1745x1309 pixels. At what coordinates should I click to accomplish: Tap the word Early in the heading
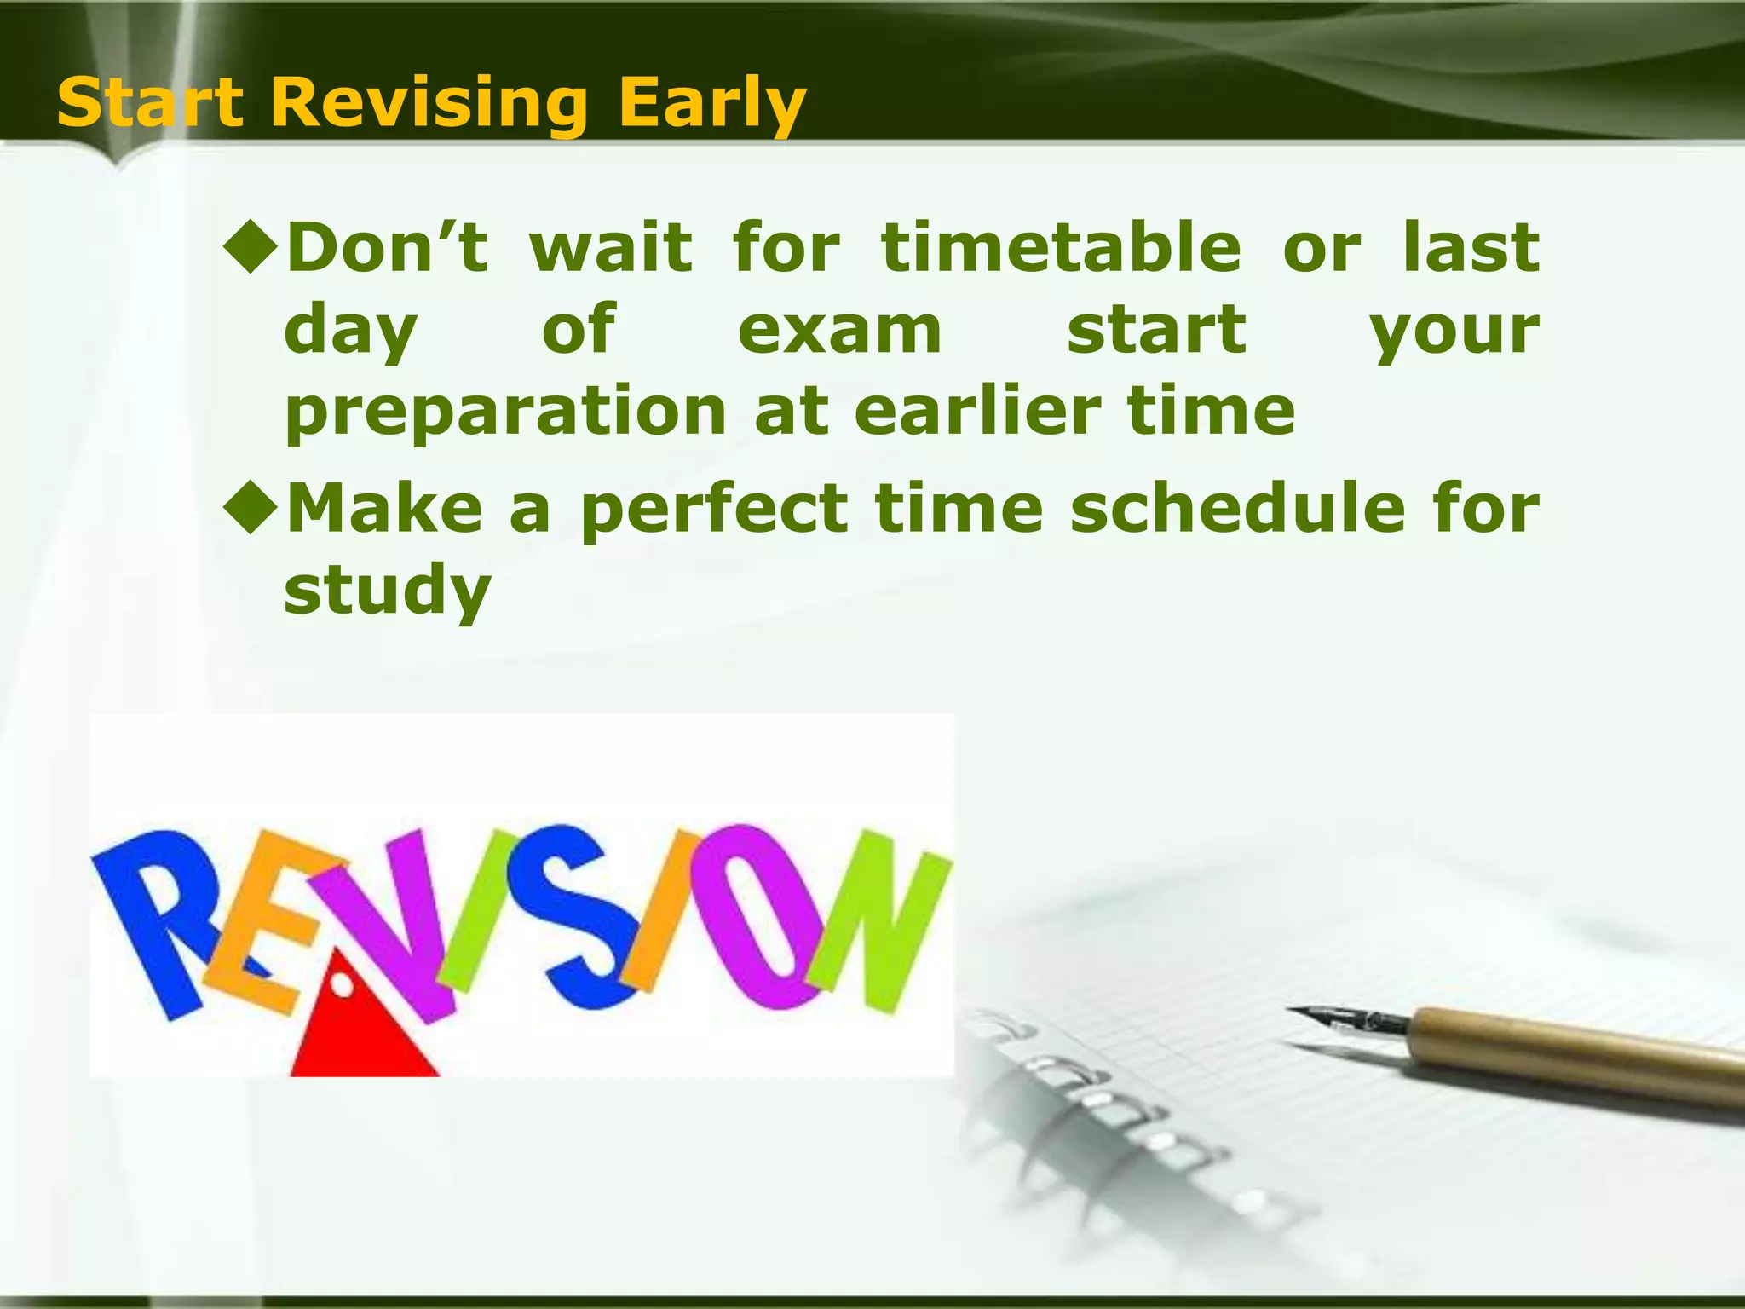click(x=711, y=103)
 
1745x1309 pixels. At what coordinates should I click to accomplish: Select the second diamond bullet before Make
click(x=251, y=507)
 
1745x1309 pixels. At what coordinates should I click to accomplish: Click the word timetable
click(x=1061, y=247)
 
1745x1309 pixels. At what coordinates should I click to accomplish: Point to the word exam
click(x=839, y=330)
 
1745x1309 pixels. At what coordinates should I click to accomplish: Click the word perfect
click(x=714, y=509)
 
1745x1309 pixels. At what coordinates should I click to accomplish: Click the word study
click(x=387, y=591)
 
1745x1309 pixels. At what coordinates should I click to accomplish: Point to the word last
click(x=1471, y=247)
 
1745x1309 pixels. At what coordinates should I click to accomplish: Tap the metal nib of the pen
click(x=1346, y=1018)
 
